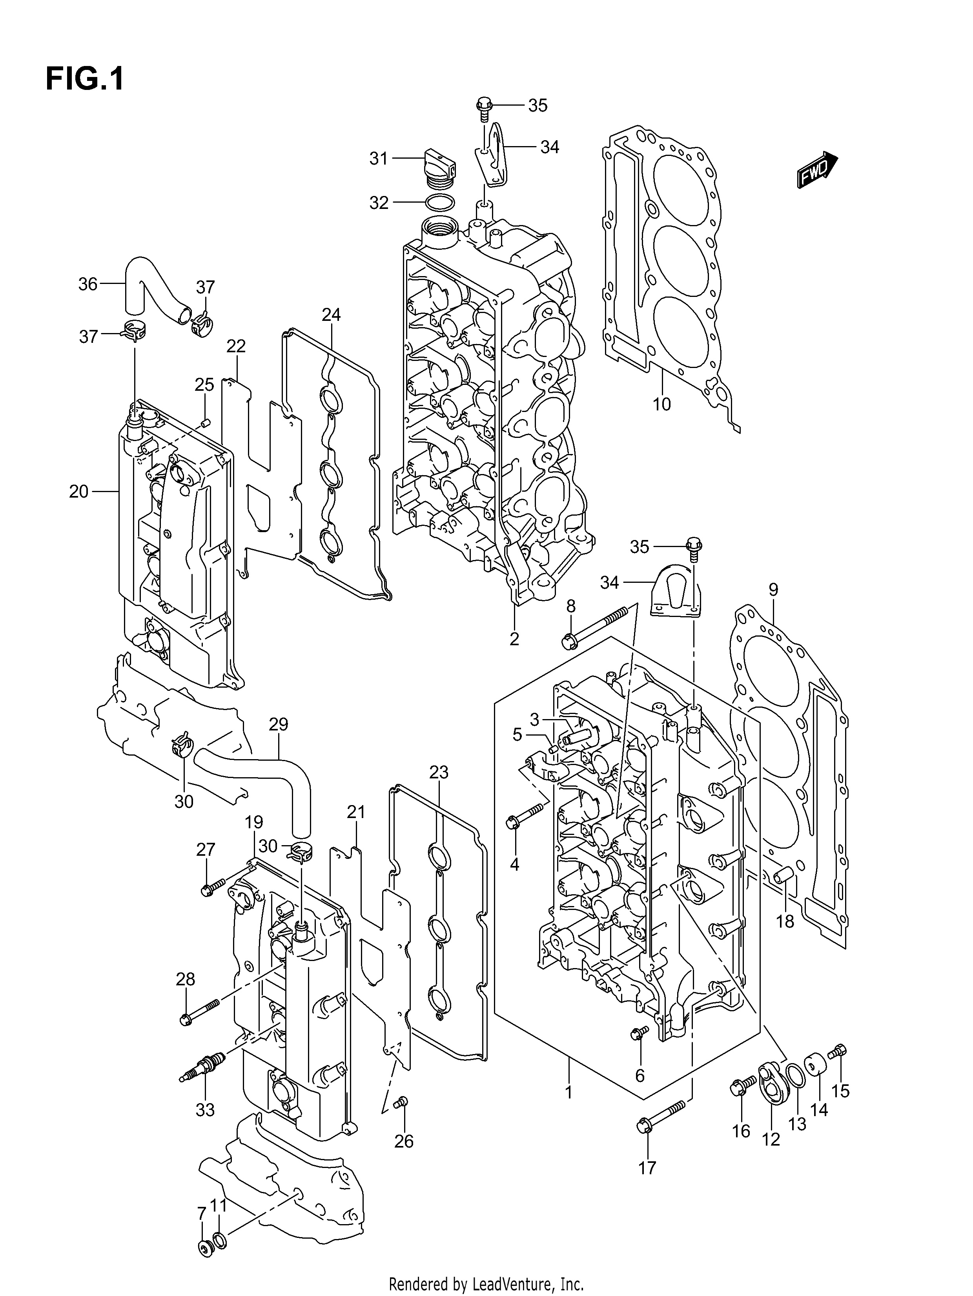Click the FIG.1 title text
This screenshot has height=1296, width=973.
point(85,79)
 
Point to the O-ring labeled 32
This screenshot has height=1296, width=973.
point(440,203)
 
